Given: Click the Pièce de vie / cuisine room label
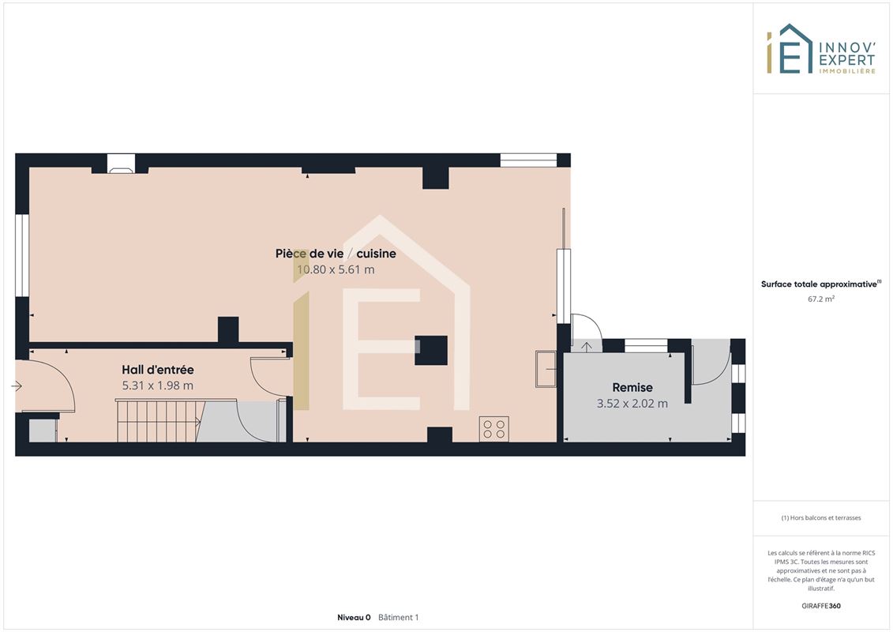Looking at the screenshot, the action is click(336, 254).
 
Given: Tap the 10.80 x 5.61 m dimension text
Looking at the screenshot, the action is click(336, 269).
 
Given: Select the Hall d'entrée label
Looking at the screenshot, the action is click(158, 370).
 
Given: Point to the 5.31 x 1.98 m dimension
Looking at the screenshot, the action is click(158, 386).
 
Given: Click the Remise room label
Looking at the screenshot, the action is click(632, 388).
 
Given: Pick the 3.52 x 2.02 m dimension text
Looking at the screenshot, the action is click(632, 404).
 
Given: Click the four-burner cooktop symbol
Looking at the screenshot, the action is click(493, 429).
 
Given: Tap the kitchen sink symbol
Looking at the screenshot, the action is click(546, 369).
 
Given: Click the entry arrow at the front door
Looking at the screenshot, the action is click(16, 386).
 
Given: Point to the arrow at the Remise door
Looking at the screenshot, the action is click(586, 347).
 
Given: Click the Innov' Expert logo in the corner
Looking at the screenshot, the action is click(820, 49).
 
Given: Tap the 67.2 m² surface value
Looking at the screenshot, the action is click(820, 299).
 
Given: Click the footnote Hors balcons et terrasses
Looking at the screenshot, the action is click(820, 517).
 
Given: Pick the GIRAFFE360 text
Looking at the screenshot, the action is click(820, 606).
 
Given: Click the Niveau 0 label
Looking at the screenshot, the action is click(354, 617).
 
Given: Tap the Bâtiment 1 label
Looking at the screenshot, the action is click(398, 617).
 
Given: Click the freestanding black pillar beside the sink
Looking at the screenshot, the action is click(431, 351).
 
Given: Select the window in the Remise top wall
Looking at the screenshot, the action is click(646, 345).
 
